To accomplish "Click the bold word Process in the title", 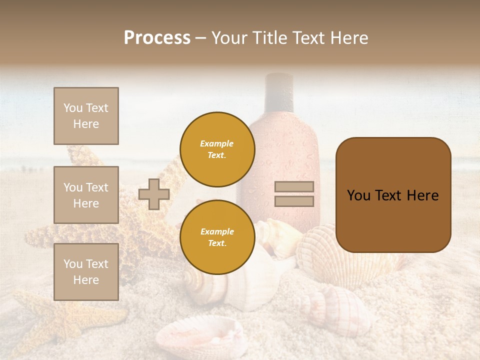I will click(157, 38).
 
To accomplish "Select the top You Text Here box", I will click(86, 116).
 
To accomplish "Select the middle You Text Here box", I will click(86, 195).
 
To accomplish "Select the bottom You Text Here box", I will click(86, 271).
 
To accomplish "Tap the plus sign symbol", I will click(153, 194).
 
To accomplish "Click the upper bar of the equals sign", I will click(294, 187).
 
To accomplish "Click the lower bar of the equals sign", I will click(294, 201).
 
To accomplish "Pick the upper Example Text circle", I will click(217, 149).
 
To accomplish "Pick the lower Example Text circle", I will click(217, 237).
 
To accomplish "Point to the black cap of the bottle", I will click(279, 90).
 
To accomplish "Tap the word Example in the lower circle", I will click(217, 231).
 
